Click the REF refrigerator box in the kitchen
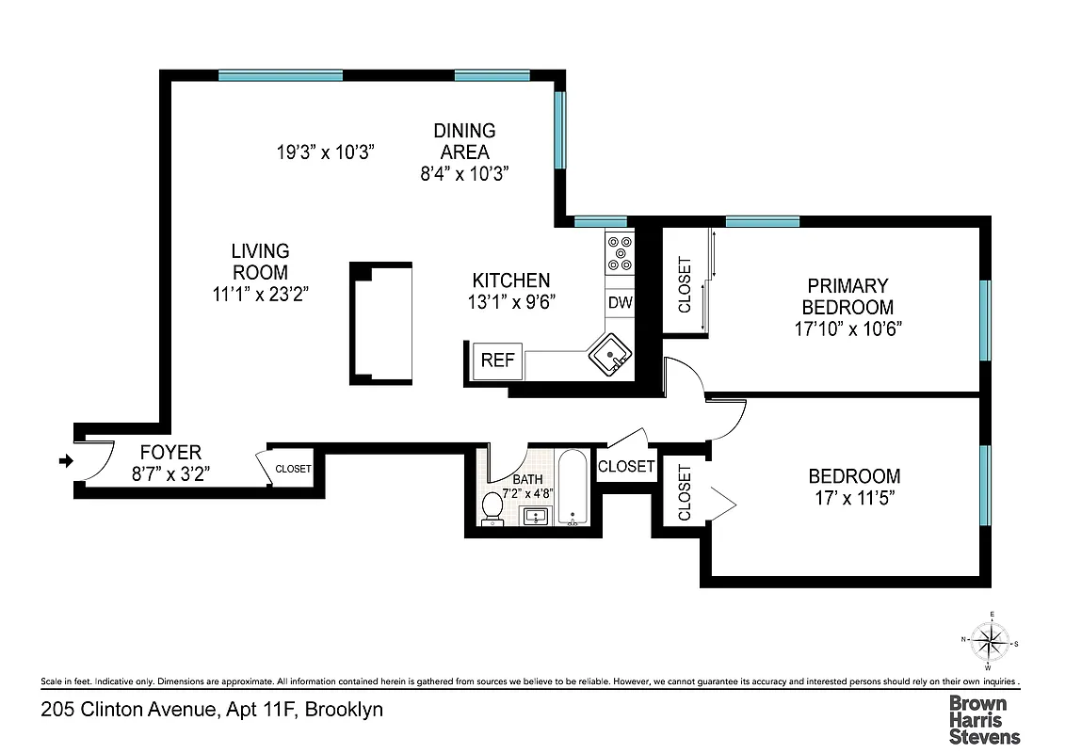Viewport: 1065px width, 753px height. click(x=497, y=360)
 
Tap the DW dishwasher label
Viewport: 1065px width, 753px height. click(x=619, y=302)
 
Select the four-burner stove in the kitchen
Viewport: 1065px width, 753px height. click(x=620, y=251)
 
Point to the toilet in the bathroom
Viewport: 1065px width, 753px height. click(x=492, y=507)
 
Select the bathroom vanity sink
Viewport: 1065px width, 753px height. click(x=535, y=517)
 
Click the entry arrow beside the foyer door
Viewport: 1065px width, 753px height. click(x=65, y=460)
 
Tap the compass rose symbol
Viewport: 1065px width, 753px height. click(x=990, y=644)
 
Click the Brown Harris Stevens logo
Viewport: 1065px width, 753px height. click(x=983, y=719)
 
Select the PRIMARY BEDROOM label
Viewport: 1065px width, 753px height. click(x=847, y=296)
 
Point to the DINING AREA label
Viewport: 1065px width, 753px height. click(x=464, y=141)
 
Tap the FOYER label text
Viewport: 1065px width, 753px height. click(x=170, y=453)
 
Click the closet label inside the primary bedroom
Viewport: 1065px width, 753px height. click(x=684, y=284)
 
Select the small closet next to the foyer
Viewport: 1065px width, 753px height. click(x=293, y=468)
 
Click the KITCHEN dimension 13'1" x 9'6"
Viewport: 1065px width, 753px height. click(x=510, y=302)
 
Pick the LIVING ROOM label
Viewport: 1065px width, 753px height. click(x=261, y=262)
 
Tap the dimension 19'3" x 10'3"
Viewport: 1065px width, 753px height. click(x=326, y=152)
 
